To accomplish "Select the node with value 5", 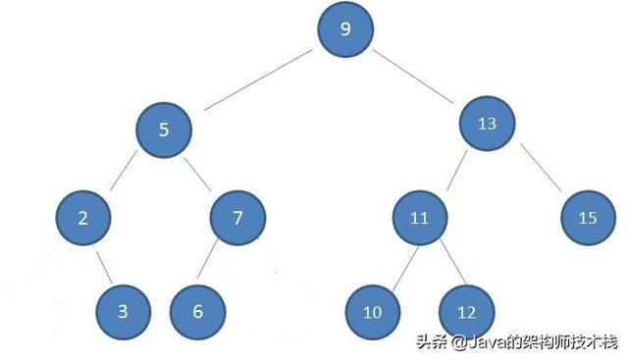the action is [x=163, y=128].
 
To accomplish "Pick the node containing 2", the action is [x=83, y=218].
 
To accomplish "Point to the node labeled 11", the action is [x=419, y=218].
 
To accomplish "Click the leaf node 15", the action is [x=588, y=218].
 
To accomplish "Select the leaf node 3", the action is [x=123, y=311].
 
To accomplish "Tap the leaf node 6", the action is [x=198, y=311].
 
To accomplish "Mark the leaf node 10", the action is [x=372, y=313].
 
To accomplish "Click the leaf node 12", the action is [x=466, y=312].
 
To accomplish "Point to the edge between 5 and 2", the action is [x=123, y=173].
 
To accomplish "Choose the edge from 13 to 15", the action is [x=539, y=171].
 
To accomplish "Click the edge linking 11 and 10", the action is [x=396, y=264].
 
